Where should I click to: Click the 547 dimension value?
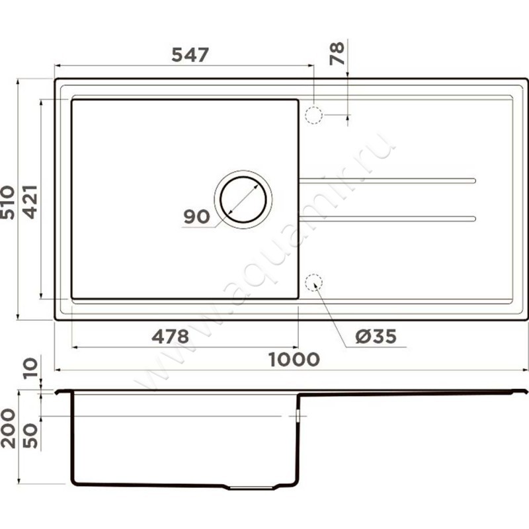[x=190, y=55]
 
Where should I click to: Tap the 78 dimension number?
[x=337, y=54]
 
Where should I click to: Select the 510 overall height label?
[x=7, y=202]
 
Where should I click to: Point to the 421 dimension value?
[x=30, y=202]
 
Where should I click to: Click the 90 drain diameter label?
[x=196, y=217]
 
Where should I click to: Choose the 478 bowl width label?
[x=170, y=337]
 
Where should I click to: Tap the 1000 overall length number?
[x=294, y=359]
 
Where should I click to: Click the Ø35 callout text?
[x=376, y=337]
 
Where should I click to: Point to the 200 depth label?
[x=8, y=428]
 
